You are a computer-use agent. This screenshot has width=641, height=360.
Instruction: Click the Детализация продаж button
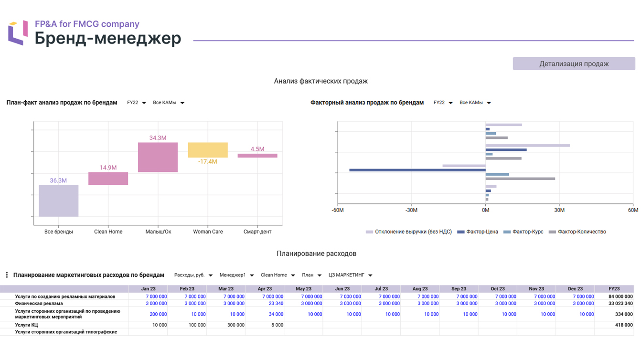pos(574,64)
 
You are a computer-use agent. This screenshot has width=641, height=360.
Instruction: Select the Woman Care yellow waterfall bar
pos(208,150)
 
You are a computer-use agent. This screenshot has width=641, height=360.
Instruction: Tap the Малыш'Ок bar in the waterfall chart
pos(158,157)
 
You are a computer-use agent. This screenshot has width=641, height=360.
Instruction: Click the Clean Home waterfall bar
pos(108,179)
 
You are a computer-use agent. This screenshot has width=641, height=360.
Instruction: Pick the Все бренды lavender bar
pos(58,201)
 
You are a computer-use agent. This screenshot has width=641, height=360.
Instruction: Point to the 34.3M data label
pos(158,138)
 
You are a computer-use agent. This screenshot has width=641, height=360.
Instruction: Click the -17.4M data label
pos(207,161)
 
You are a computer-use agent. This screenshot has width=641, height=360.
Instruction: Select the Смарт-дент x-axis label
pos(257,232)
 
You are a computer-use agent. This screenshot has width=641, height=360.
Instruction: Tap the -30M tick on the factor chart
pos(411,210)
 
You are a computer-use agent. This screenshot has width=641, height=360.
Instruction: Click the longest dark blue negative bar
pos(417,170)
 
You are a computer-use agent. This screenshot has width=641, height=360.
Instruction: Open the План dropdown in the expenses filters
pos(311,275)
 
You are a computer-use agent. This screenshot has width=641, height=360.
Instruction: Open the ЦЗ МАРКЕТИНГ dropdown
pos(350,275)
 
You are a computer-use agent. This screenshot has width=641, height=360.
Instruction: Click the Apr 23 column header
pos(265,289)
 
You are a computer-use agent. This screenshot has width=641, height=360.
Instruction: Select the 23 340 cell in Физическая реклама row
pos(276,303)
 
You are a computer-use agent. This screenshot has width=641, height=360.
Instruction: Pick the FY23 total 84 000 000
pos(620,296)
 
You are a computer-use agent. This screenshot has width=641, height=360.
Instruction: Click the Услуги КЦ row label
pos(26,325)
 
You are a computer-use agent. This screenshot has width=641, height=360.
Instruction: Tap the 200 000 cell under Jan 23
pos(158,314)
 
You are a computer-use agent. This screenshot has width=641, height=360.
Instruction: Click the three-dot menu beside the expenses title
pos(7,275)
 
